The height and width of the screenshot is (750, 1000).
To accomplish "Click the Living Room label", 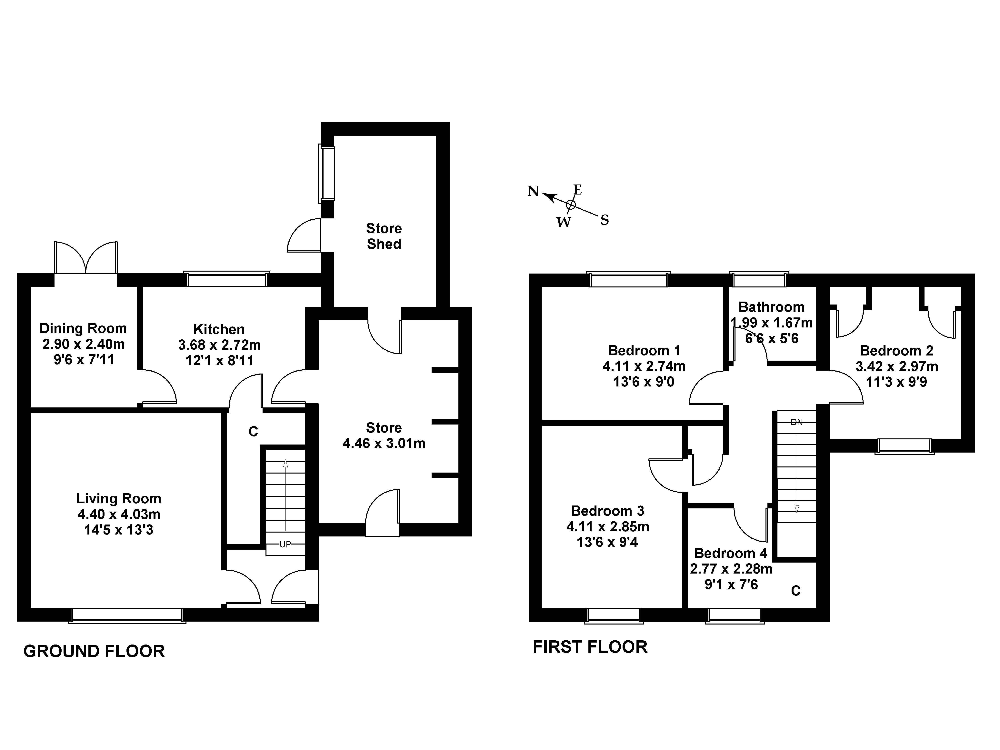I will pos(118,499).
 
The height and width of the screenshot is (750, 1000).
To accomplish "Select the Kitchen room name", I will pos(219,329).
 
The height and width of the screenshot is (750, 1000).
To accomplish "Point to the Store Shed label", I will pos(384,236).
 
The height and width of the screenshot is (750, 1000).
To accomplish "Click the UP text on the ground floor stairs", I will pos(285,545).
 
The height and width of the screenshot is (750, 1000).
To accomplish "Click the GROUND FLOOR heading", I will pos(94,651).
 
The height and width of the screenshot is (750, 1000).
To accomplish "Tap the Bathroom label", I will pos(771,307).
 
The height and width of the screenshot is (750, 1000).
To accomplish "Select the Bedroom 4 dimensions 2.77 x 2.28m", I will pos(731,569).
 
